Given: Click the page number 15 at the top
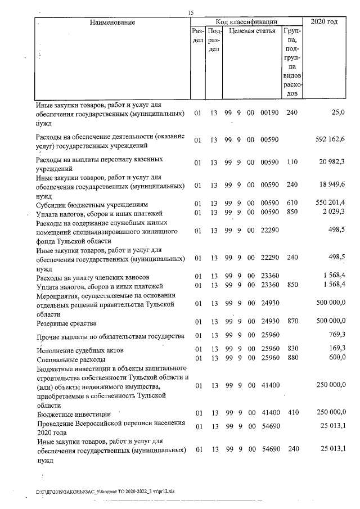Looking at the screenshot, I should pyautogui.click(x=191, y=13).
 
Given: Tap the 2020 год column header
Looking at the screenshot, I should pyautogui.click(x=324, y=21).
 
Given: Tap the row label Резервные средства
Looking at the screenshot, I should pyautogui.click(x=66, y=323).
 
